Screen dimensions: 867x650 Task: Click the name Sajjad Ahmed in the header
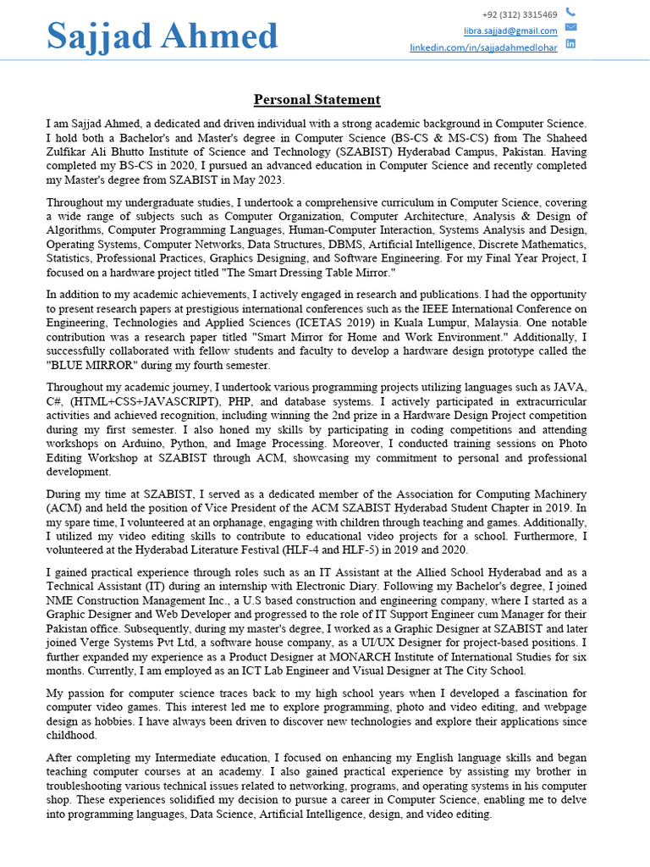coord(162,36)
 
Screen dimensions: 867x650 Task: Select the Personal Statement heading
coord(317,100)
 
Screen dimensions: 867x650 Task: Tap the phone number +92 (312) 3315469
coord(520,14)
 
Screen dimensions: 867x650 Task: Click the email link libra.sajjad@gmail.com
coord(510,30)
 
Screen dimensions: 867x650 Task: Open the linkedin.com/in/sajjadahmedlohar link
coord(483,47)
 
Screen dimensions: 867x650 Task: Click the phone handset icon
coord(570,12)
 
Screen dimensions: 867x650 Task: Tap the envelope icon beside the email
coord(570,27)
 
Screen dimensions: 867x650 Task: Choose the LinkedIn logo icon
coord(570,43)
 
